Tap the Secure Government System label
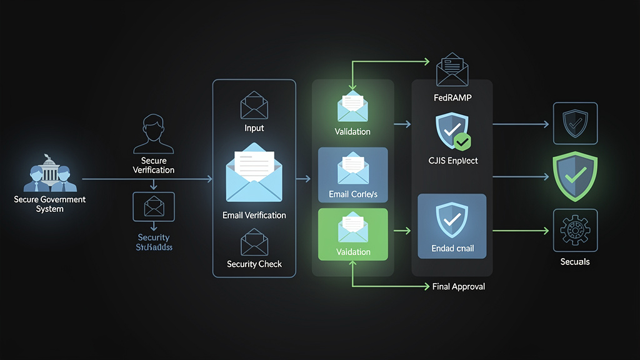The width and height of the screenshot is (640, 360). [49, 204]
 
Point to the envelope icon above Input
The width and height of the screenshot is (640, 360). [254, 104]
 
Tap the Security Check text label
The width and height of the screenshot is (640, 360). [254, 264]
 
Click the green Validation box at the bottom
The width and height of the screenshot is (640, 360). [353, 234]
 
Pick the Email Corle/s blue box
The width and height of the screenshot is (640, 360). [353, 175]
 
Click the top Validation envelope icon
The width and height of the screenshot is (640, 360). [353, 106]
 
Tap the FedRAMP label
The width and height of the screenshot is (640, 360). [452, 98]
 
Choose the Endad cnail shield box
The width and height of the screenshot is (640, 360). [452, 226]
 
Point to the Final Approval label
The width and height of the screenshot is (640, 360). [459, 286]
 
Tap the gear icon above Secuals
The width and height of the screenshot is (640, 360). [575, 231]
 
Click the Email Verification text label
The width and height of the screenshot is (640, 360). [254, 215]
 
